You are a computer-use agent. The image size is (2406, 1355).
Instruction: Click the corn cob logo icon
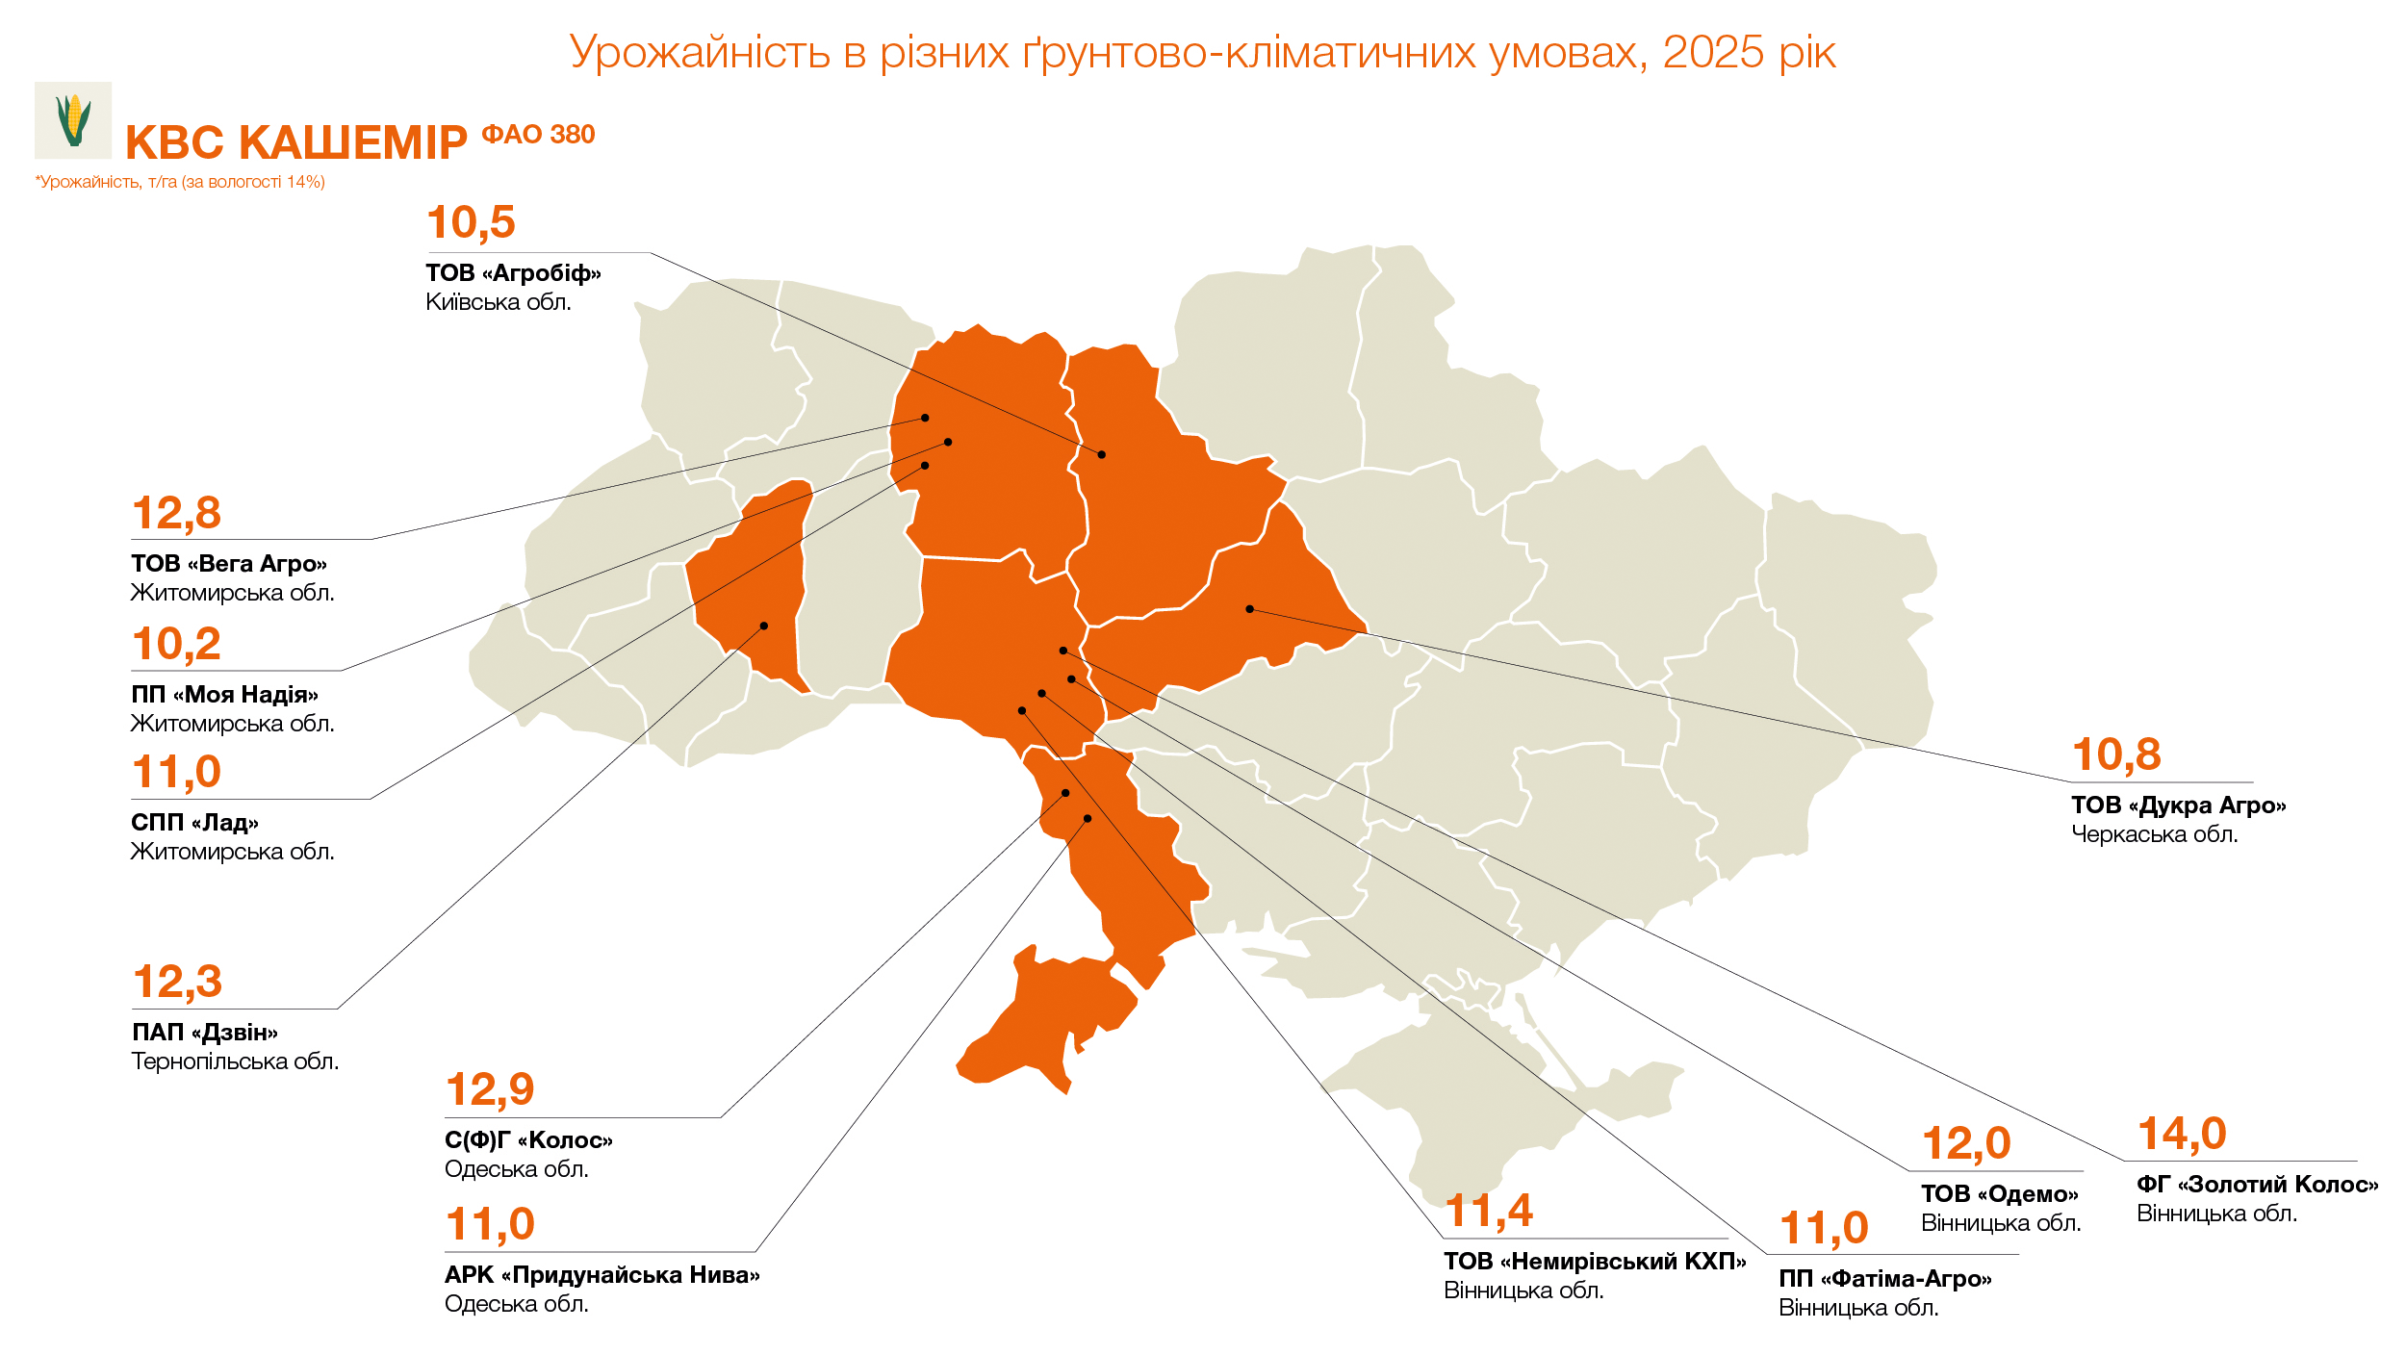[x=73, y=120]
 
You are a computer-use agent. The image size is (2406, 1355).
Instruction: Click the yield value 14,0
[x=2181, y=1134]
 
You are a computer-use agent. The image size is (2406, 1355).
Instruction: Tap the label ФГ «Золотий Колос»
[x=2257, y=1185]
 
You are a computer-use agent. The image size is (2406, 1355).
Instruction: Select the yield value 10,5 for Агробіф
[x=471, y=222]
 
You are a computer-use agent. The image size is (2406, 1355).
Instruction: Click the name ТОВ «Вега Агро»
[x=229, y=564]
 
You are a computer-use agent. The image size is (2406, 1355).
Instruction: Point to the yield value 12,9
[x=490, y=1089]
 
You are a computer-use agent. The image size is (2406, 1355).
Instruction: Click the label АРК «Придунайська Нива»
[x=601, y=1275]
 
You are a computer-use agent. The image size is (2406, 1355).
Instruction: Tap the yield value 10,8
[x=2115, y=754]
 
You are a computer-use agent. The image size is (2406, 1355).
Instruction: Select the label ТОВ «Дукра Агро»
[x=2178, y=805]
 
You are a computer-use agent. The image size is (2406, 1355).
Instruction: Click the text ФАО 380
[x=538, y=135]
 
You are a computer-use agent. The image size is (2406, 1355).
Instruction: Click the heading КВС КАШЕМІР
[x=295, y=143]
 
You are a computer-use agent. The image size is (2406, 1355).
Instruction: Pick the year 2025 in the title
[x=1712, y=52]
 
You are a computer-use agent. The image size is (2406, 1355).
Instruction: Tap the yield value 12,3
[x=177, y=982]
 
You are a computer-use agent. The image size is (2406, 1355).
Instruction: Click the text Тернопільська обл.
[x=235, y=1061]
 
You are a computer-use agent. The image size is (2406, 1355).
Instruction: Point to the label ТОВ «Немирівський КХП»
[x=1594, y=1262]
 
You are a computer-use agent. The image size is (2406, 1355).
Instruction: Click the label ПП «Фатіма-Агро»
[x=1884, y=1279]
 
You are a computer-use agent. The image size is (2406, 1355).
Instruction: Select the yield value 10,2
[x=176, y=644]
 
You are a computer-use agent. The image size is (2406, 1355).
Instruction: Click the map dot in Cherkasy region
[x=1249, y=609]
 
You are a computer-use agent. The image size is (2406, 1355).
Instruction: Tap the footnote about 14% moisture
[x=180, y=182]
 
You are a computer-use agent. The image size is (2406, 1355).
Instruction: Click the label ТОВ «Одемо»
[x=1999, y=1194]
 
